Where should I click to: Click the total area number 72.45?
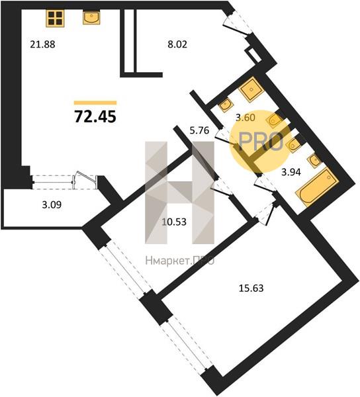(x=95, y=116)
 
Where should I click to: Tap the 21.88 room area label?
(x=42, y=44)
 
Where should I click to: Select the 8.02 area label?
(x=177, y=44)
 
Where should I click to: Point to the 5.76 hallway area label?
(x=199, y=130)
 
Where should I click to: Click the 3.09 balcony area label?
(x=52, y=204)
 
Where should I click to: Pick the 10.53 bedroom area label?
(x=174, y=222)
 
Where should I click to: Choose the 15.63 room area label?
(x=251, y=288)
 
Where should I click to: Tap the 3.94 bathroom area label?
(x=291, y=172)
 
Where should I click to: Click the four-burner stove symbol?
(x=55, y=18)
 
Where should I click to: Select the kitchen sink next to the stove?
(x=91, y=17)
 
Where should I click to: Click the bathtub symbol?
(x=317, y=187)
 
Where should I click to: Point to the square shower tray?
(x=251, y=89)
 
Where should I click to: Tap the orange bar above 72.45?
(x=95, y=103)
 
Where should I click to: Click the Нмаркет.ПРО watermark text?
(x=180, y=260)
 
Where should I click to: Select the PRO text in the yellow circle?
(x=261, y=142)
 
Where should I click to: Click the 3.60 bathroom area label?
(x=246, y=118)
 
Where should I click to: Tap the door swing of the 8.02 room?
(x=236, y=25)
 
